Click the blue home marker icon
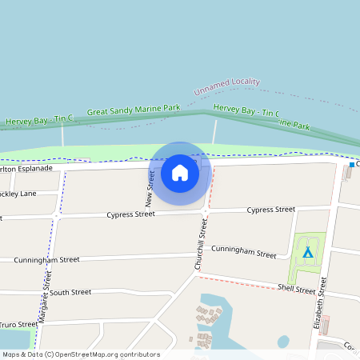(180, 172)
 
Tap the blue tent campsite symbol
(307, 253)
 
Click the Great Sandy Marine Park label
(134, 111)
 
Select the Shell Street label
(296, 289)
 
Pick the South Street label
(70, 293)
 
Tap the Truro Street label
(18, 324)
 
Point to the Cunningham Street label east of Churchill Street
(243, 252)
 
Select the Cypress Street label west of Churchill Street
(130, 214)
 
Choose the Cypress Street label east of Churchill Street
(270, 210)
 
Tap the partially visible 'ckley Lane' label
(18, 194)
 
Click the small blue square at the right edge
(351, 165)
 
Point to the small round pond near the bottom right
(283, 342)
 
